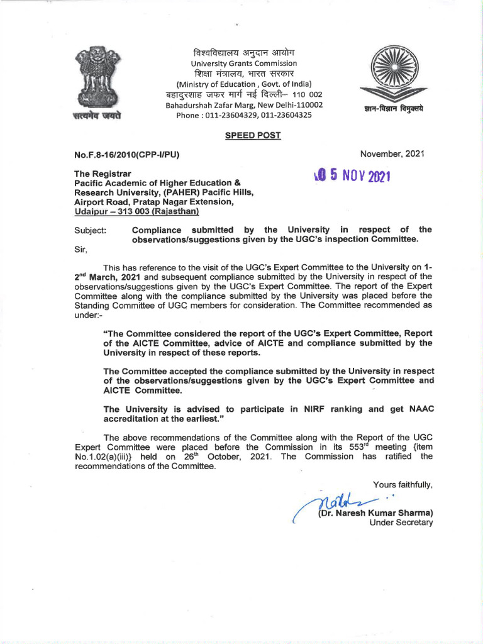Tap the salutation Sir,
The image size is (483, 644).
[80, 249]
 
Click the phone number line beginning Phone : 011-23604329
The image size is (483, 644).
[244, 115]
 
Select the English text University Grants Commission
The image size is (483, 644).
[244, 64]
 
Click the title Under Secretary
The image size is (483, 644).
[401, 523]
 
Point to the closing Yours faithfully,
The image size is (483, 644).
[402, 484]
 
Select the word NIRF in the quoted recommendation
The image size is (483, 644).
[291, 409]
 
